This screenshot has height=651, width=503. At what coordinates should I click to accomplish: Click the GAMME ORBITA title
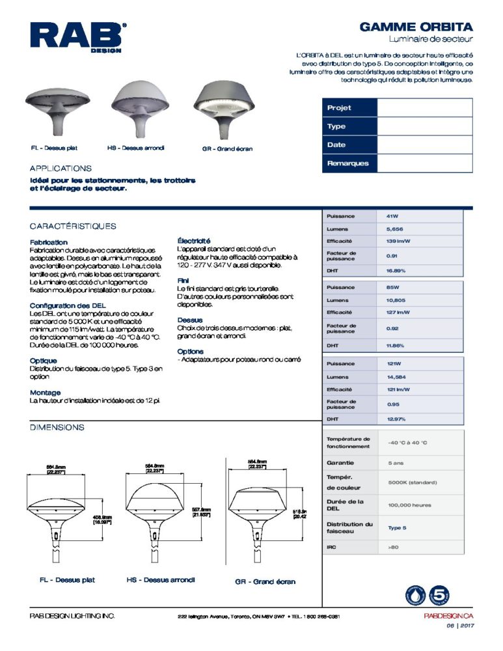[x=416, y=28]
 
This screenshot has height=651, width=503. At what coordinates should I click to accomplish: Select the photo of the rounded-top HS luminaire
[x=140, y=108]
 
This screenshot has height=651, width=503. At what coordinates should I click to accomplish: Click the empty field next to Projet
[x=424, y=108]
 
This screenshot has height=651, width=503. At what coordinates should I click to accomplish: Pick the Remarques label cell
[x=349, y=163]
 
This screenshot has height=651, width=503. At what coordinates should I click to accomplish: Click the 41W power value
[x=392, y=215]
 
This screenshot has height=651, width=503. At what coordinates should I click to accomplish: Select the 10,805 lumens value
[x=397, y=300]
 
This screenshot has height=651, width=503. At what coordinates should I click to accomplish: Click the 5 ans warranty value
[x=396, y=463]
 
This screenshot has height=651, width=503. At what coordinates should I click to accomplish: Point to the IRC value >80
[x=393, y=547]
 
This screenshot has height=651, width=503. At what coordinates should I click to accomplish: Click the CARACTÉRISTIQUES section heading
[x=73, y=226]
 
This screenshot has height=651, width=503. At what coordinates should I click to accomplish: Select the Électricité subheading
[x=194, y=241]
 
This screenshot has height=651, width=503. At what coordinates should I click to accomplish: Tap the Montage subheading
[x=46, y=393]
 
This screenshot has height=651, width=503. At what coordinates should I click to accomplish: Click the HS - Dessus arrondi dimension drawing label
[x=160, y=579]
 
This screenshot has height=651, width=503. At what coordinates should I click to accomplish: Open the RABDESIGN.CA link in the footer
[x=448, y=616]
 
